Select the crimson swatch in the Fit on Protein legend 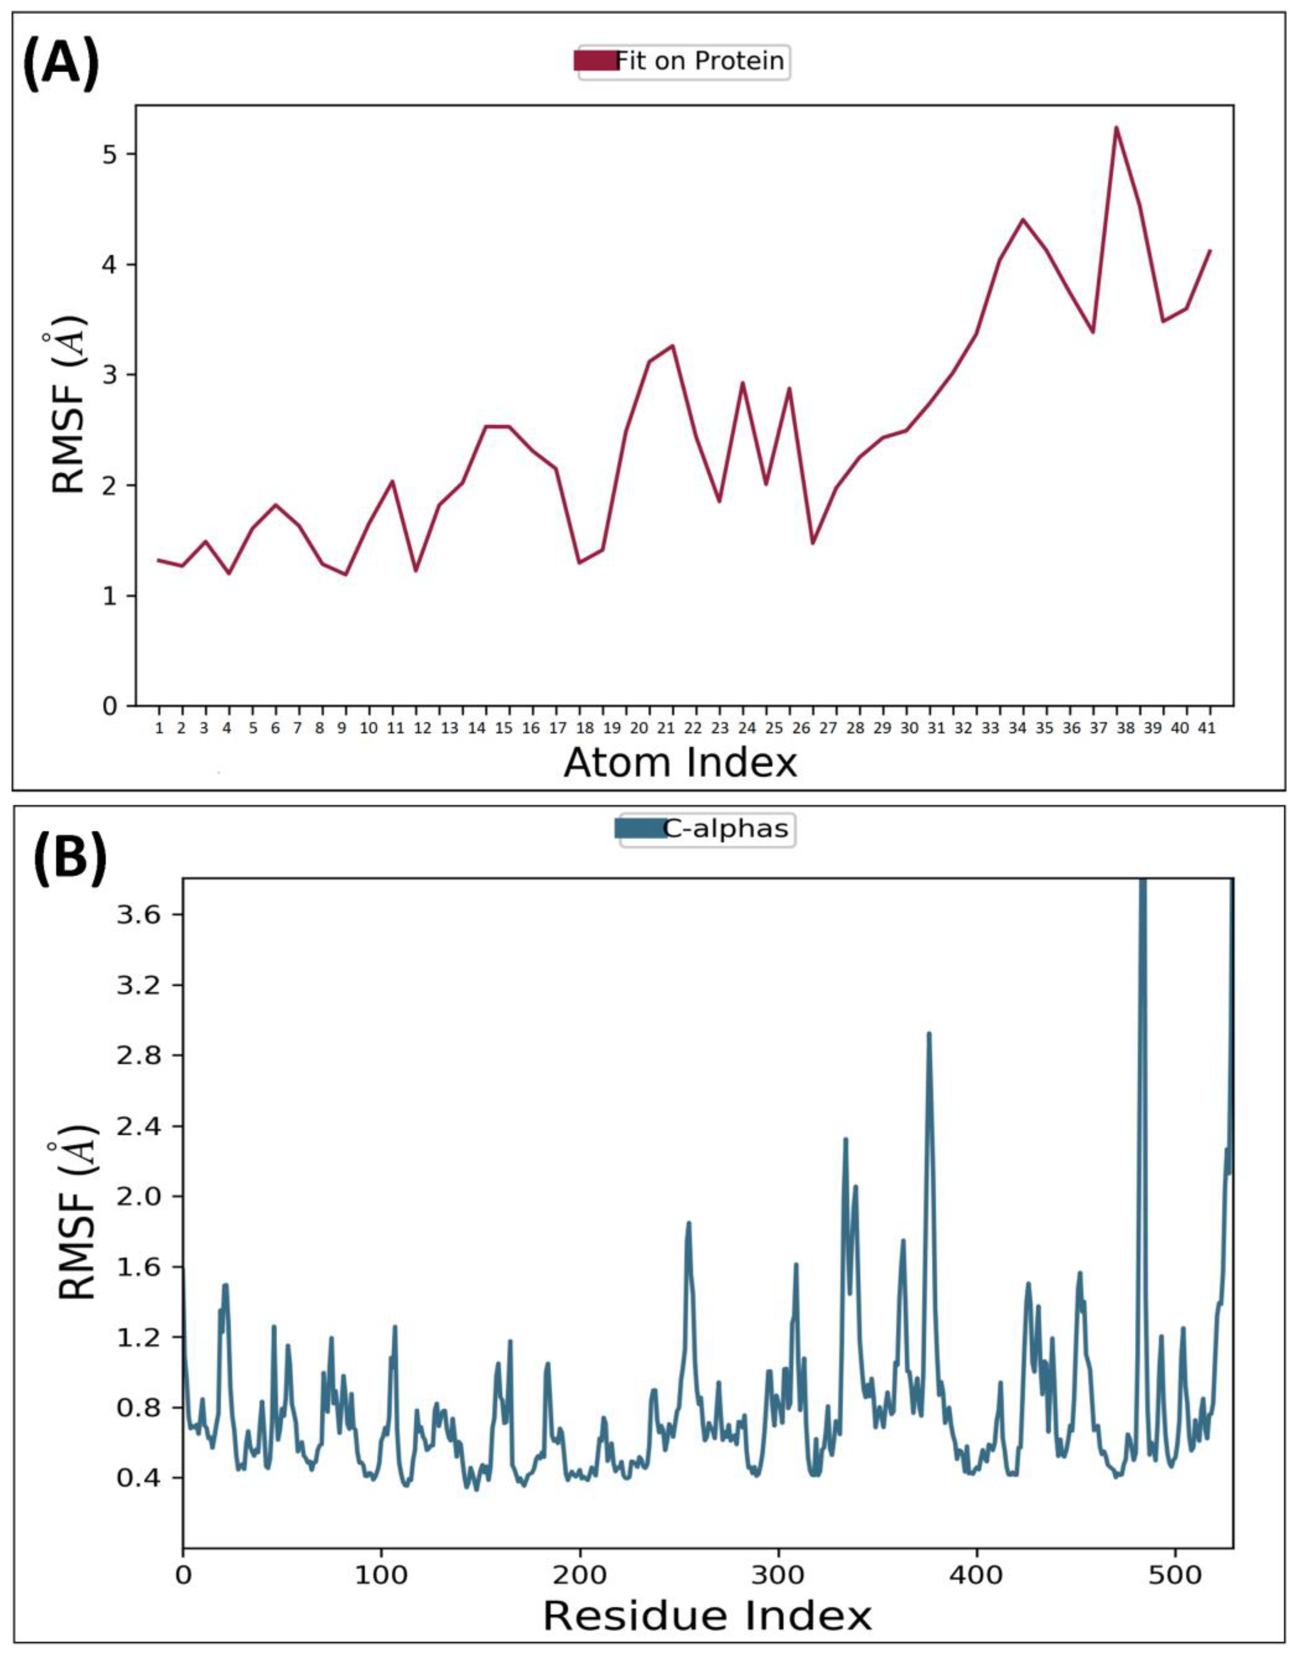(x=595, y=60)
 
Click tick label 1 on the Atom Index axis (x=159, y=728)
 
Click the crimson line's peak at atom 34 (x=1023, y=220)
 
